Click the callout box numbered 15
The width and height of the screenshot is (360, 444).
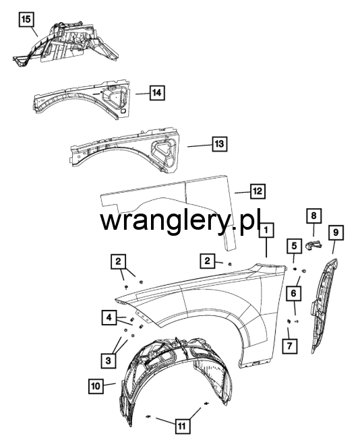coord(26,20)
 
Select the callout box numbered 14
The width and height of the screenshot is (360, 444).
coord(157,92)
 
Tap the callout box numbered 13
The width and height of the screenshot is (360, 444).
coord(220,144)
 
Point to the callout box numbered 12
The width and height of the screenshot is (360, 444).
coord(258,191)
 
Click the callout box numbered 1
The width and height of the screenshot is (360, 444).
coord(266,230)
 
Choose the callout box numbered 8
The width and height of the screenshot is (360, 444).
coord(313,216)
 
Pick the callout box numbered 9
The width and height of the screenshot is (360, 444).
coord(336,232)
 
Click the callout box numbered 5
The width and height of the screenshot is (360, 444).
coord(294,246)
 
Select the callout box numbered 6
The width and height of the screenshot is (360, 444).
coord(293,293)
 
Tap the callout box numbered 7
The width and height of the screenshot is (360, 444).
coord(289,346)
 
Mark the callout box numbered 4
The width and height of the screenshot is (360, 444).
coord(109,317)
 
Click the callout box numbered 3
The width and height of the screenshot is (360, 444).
coord(108,360)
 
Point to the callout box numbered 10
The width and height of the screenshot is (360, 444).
coord(96,386)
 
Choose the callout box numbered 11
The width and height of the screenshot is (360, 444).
coord(182,426)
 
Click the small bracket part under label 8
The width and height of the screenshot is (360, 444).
coord(313,245)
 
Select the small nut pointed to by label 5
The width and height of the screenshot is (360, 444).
coord(295,268)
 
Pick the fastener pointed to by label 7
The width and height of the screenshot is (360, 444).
coord(289,321)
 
